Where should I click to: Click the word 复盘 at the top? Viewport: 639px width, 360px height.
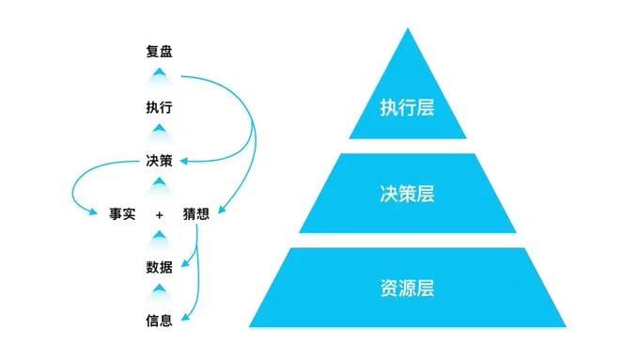[x=159, y=52]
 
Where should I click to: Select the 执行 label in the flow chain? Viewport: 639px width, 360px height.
[x=159, y=107]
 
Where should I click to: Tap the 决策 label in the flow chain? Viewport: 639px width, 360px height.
[x=159, y=161]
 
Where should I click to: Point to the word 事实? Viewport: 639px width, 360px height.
[x=122, y=214]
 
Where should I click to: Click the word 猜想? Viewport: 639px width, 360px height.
[x=196, y=214]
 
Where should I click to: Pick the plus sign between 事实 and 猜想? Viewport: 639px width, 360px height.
[x=160, y=215]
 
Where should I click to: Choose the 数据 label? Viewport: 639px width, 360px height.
[x=159, y=268]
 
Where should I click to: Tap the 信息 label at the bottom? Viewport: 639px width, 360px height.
[x=159, y=321]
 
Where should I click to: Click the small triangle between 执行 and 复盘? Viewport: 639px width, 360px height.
[x=160, y=72]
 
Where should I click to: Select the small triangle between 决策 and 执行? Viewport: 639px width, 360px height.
[x=160, y=129]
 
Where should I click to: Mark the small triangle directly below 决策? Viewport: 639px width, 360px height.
[x=160, y=181]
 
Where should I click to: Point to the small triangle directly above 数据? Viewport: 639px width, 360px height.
[x=160, y=235]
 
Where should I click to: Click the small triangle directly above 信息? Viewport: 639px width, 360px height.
[x=160, y=289]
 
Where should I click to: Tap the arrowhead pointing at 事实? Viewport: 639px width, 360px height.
[x=93, y=211]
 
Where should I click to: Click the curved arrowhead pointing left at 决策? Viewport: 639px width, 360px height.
[x=184, y=162]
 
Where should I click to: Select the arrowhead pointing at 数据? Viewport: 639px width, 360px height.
[x=185, y=263]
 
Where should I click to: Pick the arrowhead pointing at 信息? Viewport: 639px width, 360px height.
[x=185, y=317]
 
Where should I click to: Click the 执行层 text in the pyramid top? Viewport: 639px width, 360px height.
[x=407, y=108]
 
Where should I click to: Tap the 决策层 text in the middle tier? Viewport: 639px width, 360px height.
[x=407, y=194]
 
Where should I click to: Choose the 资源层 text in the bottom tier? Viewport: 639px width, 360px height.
[x=407, y=288]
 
